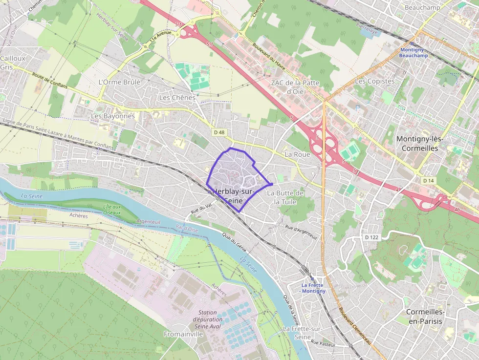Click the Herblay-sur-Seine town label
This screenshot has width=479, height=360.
233,196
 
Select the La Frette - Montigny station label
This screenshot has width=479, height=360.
313,288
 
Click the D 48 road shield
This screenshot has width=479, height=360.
219,132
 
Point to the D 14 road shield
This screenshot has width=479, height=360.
428,180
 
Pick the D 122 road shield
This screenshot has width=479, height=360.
371,237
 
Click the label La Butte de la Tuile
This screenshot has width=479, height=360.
285,197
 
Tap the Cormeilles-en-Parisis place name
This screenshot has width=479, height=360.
425,317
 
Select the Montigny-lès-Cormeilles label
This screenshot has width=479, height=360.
419,144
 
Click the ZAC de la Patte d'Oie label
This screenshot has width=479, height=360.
295,86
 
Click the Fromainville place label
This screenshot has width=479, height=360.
183,334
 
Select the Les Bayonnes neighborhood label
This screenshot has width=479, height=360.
113,116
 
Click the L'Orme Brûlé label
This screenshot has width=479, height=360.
119,82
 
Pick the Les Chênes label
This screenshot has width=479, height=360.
177,98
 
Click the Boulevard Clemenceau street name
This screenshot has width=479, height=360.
355,326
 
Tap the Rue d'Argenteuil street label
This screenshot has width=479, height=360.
301,231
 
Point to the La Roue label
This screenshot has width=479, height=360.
297,154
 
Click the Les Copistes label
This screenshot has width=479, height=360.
374,81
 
